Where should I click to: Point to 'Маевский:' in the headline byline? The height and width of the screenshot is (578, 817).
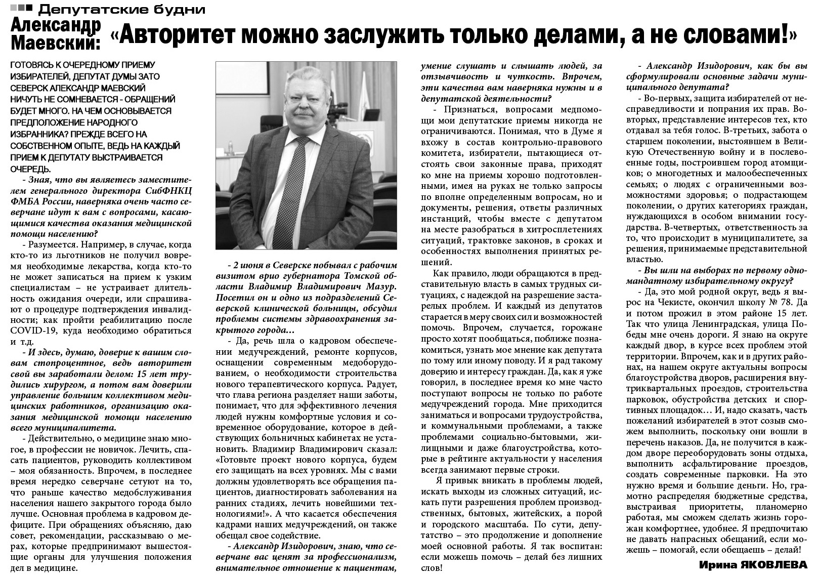(55, 42)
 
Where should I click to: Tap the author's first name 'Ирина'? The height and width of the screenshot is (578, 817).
(717, 565)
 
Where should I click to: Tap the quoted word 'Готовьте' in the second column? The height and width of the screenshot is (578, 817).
(237, 461)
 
